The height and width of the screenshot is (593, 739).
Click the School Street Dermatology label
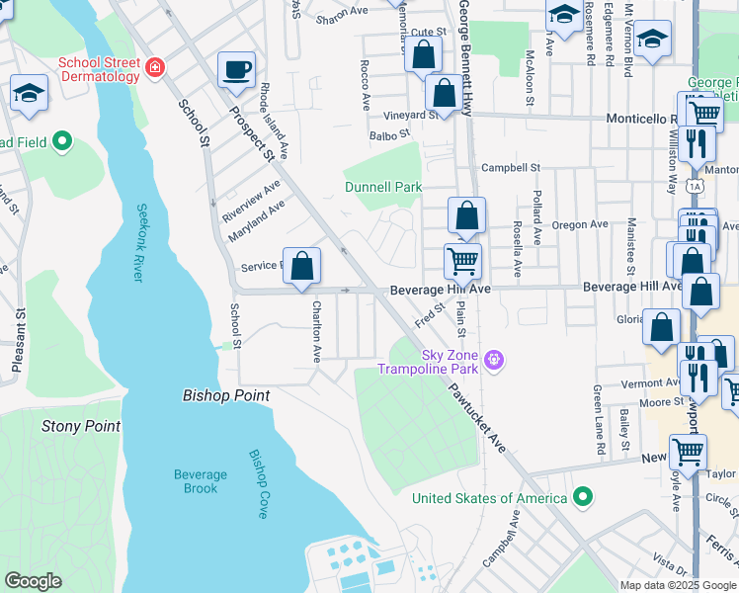point(99,70)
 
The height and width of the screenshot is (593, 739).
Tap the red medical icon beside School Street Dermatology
point(155,68)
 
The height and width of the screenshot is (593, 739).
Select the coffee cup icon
point(235,69)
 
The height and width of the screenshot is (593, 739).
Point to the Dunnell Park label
point(382,187)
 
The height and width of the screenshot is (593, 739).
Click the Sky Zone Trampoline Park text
point(435,363)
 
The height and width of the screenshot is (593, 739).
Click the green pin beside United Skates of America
point(583,496)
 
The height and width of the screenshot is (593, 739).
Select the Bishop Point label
point(226,395)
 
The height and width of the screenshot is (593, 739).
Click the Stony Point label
point(81,426)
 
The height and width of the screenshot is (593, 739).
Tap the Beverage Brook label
point(201,481)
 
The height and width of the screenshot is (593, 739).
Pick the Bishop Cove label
point(258,472)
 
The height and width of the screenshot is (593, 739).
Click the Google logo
point(33,581)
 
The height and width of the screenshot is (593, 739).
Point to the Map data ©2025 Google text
point(677,585)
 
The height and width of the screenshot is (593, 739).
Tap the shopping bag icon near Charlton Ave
point(303,266)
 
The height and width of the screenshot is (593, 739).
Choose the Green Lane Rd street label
point(600,420)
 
